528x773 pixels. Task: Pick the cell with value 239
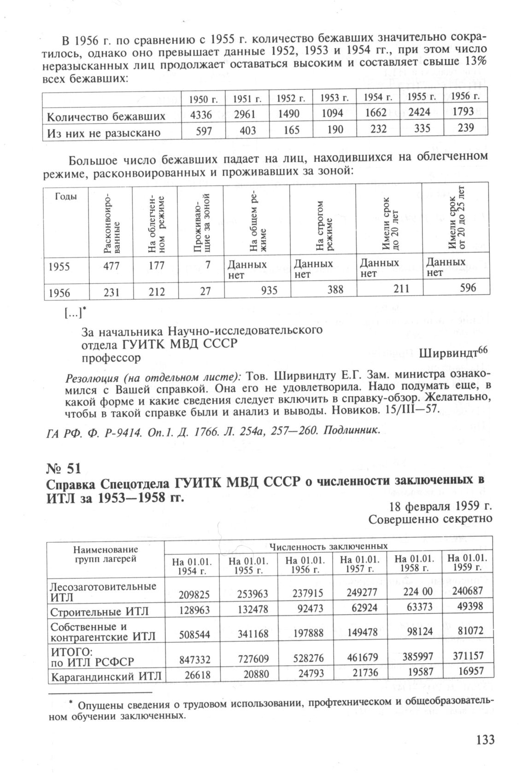click(465, 128)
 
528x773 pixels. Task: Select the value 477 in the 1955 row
click(111, 266)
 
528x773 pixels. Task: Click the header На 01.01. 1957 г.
click(359, 565)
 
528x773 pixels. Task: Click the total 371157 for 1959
click(466, 656)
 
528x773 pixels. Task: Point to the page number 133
click(484, 740)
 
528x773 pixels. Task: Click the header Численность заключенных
click(328, 546)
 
